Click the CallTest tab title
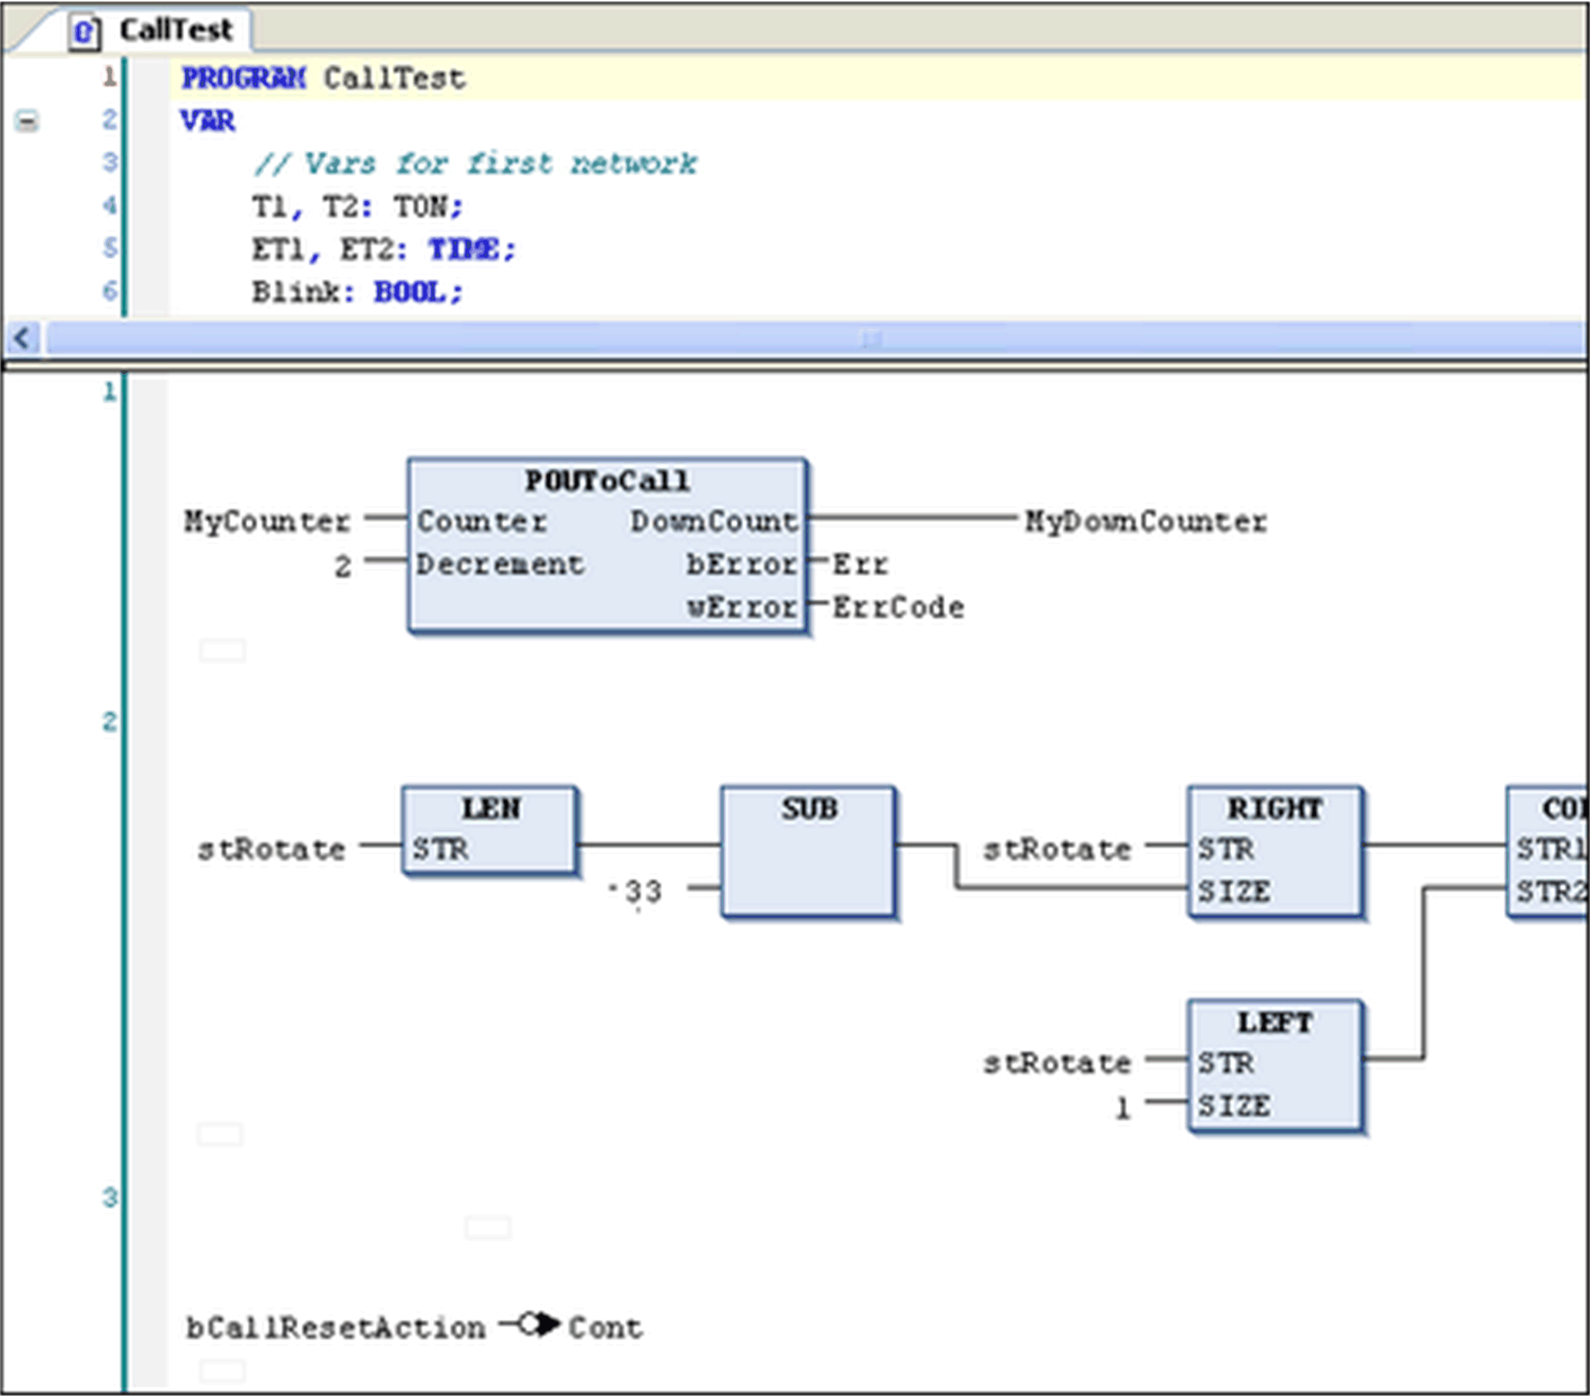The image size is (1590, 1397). point(175,31)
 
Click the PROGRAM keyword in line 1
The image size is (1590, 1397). point(243,78)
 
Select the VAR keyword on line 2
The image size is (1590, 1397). point(208,120)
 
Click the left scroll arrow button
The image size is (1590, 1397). point(22,338)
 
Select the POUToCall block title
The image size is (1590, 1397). point(607,481)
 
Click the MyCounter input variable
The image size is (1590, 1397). point(267,521)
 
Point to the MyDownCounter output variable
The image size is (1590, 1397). point(1145,521)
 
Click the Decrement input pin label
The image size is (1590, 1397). point(499,564)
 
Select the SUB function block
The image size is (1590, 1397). point(808,852)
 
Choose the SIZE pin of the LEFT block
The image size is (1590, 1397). point(1234,1105)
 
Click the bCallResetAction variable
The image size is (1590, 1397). point(335,1328)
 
